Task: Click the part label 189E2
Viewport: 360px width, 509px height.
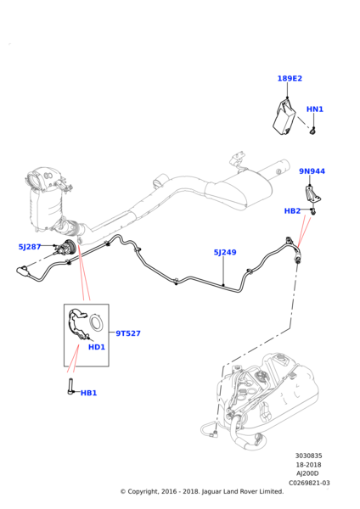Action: coord(290,79)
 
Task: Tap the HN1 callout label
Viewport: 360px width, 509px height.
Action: coord(314,109)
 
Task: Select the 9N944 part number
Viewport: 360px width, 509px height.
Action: coord(312,171)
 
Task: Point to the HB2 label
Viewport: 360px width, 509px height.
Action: coord(292,211)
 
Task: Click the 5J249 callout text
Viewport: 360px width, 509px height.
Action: coord(225,252)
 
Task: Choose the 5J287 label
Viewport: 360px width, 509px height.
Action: coord(30,247)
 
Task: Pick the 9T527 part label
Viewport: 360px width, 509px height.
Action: coord(128,333)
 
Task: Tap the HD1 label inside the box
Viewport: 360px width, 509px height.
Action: coord(97,347)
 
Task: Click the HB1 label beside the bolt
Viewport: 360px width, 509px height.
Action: coord(88,393)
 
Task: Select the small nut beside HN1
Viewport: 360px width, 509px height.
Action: coord(312,131)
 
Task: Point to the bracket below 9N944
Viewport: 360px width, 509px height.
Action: coord(313,193)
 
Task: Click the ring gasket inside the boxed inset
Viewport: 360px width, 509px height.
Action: coord(98,322)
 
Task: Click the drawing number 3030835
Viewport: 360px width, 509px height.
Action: coord(308,456)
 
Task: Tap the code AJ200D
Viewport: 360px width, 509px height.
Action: coord(308,474)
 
